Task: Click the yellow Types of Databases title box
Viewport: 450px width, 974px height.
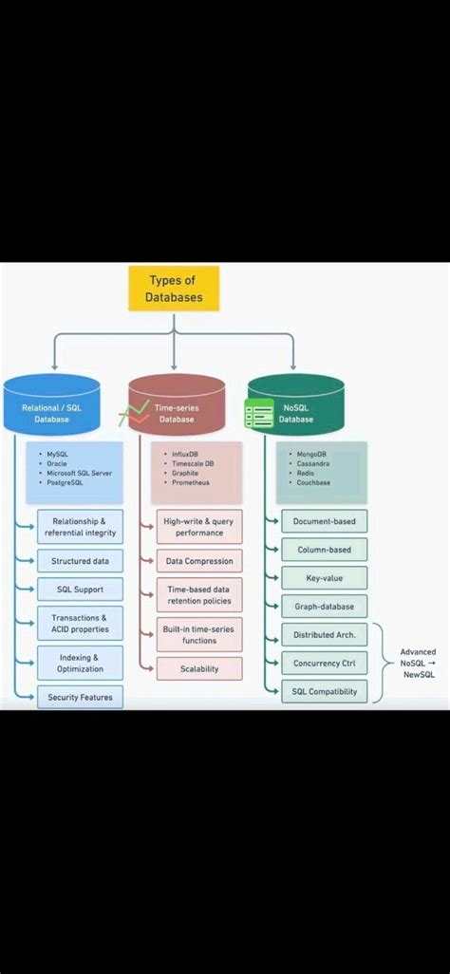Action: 174,289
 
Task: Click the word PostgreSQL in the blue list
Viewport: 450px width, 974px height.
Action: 66,483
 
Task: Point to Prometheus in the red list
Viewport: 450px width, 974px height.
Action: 191,483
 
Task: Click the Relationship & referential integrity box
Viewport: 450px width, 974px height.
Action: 80,527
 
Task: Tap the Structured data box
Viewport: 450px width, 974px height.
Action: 80,561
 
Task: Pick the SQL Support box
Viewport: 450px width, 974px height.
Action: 80,590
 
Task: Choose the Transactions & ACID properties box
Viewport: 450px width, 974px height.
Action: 80,624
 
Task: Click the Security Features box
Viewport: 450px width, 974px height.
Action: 80,698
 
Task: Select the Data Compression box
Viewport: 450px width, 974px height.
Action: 199,561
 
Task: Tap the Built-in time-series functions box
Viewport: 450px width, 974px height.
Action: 199,634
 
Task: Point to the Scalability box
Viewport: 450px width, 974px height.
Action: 199,669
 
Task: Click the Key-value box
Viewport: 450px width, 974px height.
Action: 324,577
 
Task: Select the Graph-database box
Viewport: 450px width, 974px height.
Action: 324,606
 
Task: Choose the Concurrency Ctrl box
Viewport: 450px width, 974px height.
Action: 324,663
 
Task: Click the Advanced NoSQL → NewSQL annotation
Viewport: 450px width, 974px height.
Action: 417,663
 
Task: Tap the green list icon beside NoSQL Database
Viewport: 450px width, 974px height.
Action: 258,415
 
